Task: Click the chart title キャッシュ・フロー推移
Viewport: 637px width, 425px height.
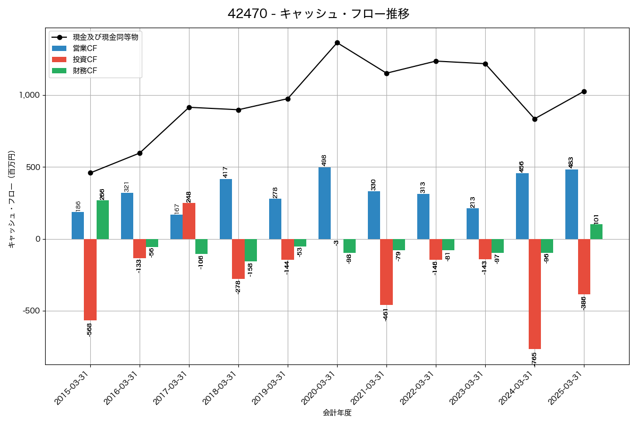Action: [x=318, y=14]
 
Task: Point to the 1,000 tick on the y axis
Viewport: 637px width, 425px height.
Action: [x=30, y=96]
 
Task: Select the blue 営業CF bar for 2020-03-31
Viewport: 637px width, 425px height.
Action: [x=324, y=203]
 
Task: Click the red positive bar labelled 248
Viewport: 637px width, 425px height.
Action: [x=189, y=221]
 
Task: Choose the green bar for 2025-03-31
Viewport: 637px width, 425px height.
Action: [x=596, y=232]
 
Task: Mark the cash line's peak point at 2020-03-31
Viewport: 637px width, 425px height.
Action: [x=337, y=42]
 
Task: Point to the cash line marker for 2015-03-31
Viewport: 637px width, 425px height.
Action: [x=90, y=173]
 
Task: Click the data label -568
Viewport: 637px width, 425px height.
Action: [x=89, y=329]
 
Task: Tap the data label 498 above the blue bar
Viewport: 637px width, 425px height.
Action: [x=324, y=160]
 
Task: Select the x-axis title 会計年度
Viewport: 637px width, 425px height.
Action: [x=337, y=413]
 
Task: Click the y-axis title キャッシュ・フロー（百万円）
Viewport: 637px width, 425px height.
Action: [x=12, y=199]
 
